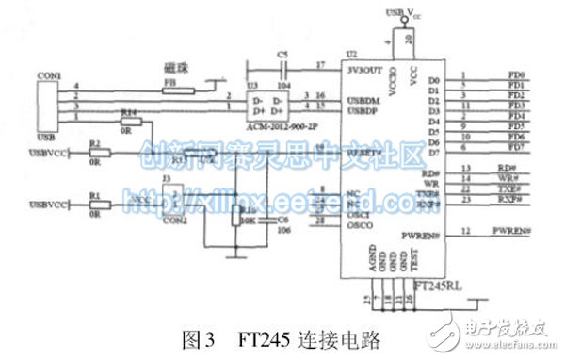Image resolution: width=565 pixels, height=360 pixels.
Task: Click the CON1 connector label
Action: click(48, 74)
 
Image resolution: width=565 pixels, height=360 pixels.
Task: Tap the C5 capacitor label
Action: click(282, 55)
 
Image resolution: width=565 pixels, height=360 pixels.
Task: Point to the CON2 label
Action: click(174, 220)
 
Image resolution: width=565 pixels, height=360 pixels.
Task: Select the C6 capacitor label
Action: click(282, 220)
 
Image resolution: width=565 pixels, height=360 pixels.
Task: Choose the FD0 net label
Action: click(516, 75)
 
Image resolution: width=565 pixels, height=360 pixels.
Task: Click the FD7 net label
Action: click(516, 147)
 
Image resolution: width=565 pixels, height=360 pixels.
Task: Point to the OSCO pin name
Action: click(360, 225)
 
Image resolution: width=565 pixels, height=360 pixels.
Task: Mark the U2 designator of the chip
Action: click(352, 55)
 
